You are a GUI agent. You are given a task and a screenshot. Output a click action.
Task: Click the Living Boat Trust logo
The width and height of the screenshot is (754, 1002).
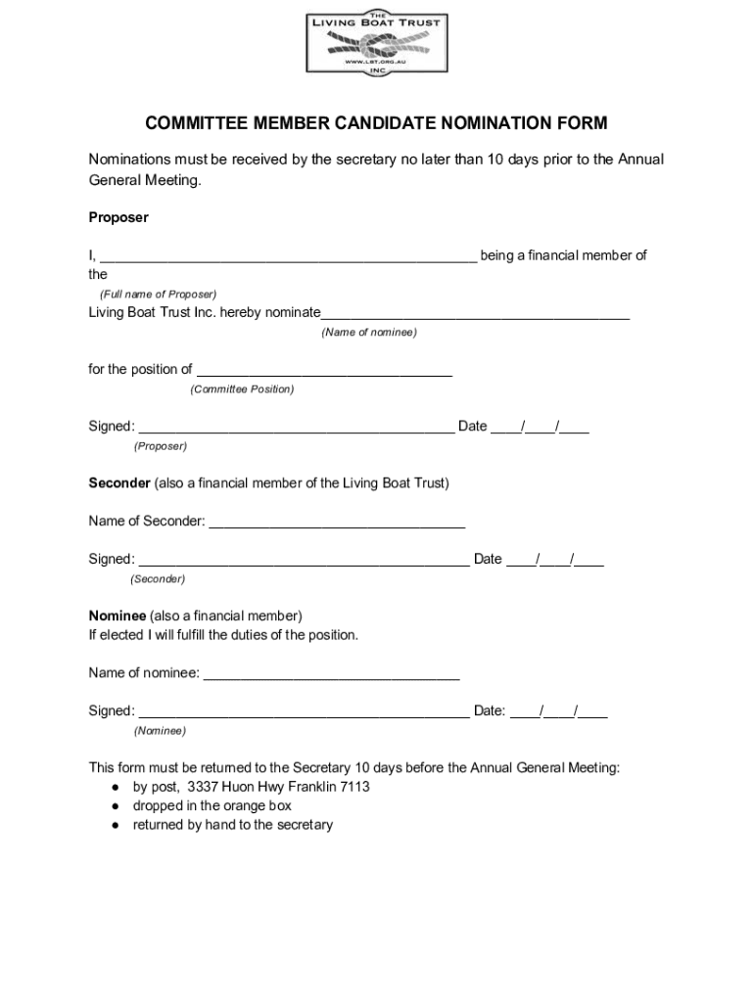tap(376, 43)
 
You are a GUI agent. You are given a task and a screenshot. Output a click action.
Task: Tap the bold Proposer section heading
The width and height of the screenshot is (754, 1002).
tap(118, 217)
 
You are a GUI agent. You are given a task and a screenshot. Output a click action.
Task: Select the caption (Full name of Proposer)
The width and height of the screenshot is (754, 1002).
tap(158, 294)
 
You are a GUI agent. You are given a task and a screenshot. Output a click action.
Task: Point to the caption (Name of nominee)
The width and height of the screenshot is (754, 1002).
tap(369, 333)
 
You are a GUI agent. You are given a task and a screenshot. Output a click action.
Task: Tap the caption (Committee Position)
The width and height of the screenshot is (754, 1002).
tap(242, 389)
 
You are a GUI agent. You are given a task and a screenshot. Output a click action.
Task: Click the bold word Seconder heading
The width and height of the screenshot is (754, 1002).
tap(119, 483)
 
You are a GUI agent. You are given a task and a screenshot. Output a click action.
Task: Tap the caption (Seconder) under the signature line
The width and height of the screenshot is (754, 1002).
tap(158, 579)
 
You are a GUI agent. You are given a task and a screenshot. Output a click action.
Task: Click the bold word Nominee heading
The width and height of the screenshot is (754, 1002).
tap(118, 615)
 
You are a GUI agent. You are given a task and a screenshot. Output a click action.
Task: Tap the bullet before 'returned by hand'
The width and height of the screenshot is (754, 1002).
tap(116, 825)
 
